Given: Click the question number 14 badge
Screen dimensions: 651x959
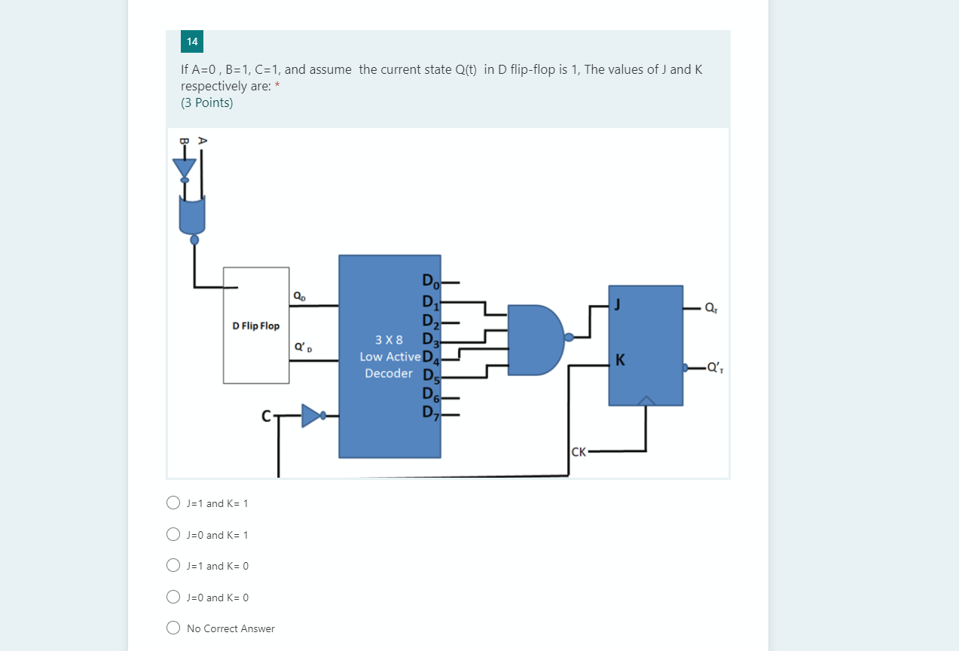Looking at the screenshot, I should [192, 41].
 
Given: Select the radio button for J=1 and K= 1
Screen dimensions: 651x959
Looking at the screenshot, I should [173, 503].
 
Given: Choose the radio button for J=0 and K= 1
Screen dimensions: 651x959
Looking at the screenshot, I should [173, 534].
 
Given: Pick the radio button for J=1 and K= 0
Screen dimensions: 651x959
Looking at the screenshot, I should [173, 565].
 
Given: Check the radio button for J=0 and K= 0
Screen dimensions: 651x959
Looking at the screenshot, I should [173, 597].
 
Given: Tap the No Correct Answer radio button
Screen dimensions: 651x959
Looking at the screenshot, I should [173, 628].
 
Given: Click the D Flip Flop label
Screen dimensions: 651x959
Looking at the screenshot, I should [255, 325].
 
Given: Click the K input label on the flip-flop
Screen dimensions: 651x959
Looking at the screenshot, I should [620, 360].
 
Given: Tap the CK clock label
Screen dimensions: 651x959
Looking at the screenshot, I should [579, 452].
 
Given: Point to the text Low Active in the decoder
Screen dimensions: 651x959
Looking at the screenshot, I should [390, 356].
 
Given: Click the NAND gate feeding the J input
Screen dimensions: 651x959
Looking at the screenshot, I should [535, 339].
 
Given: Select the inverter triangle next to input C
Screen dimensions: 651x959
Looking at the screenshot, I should [311, 415].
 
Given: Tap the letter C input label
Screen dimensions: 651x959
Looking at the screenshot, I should [265, 415].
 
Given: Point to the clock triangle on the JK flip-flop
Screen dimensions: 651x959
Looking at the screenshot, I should [646, 400].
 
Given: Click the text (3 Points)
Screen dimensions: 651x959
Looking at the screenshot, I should [207, 102].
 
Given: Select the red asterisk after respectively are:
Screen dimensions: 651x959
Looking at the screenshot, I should [277, 86].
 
